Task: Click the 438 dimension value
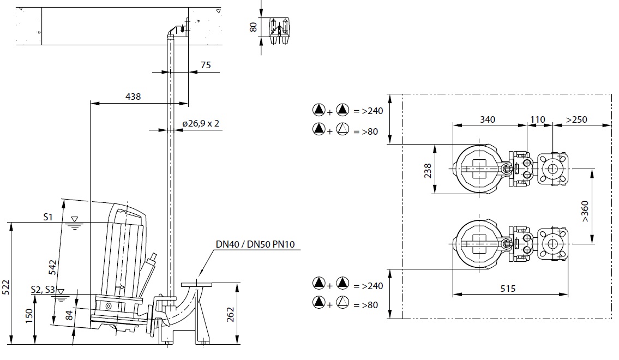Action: click(133, 97)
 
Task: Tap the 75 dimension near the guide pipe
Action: click(206, 65)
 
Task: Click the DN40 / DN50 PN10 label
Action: click(255, 244)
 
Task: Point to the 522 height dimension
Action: click(6, 287)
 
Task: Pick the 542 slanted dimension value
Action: click(52, 268)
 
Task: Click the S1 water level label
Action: click(48, 217)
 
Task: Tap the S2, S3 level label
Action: click(43, 290)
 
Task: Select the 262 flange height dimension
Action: click(231, 315)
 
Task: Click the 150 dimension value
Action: click(29, 316)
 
